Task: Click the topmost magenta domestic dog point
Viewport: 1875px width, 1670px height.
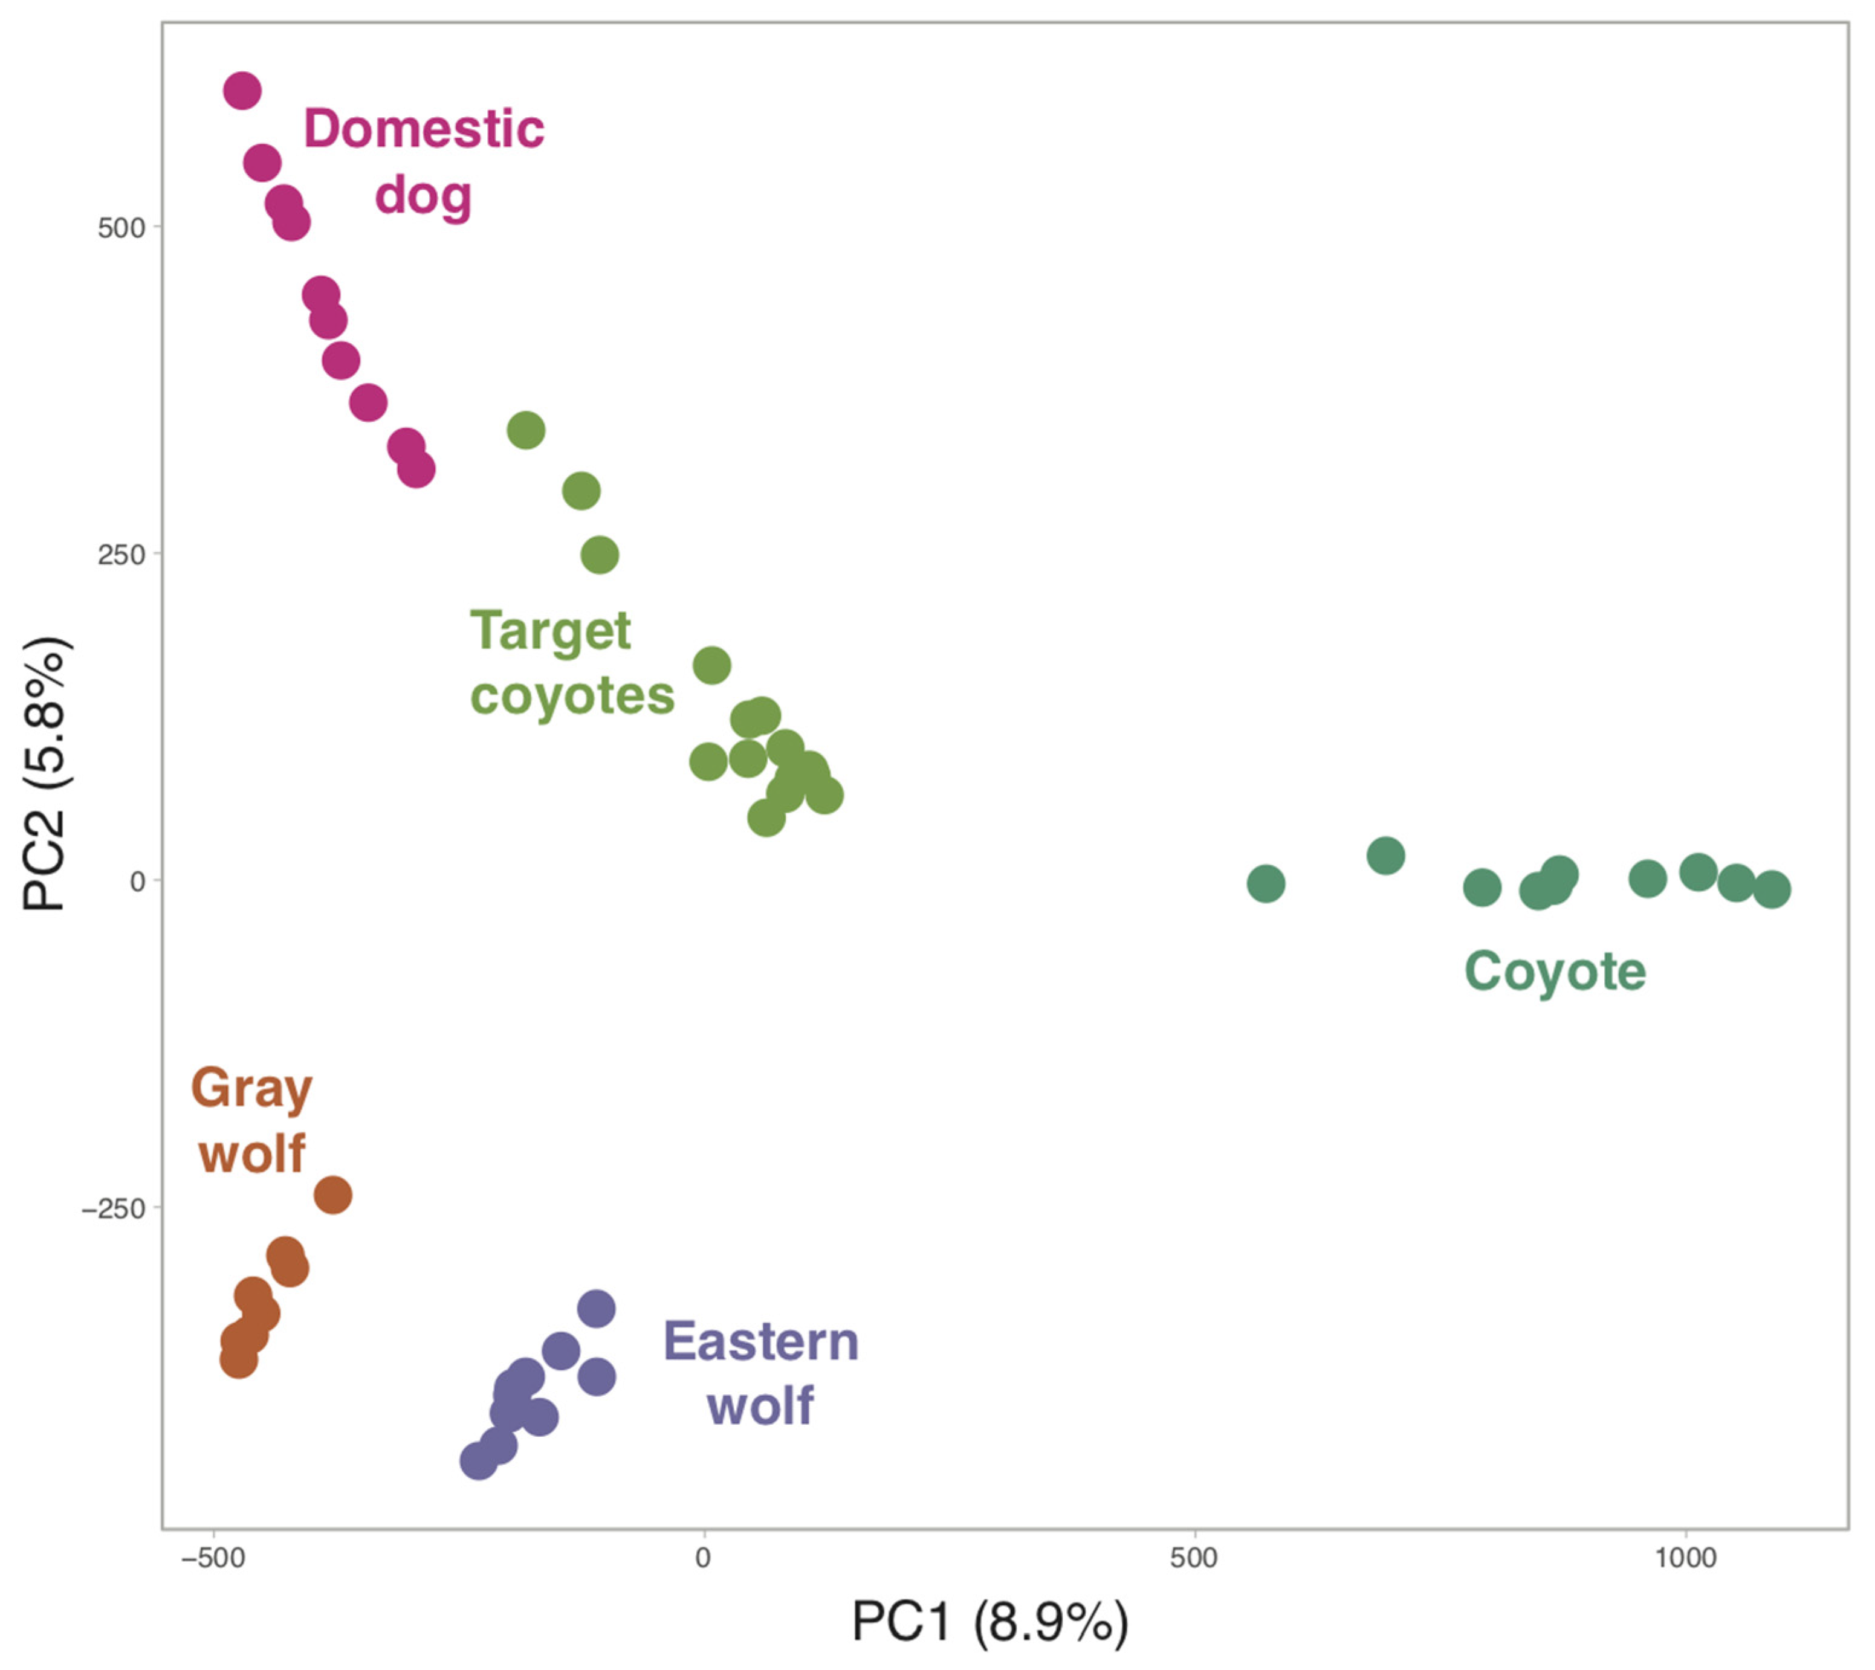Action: (x=242, y=91)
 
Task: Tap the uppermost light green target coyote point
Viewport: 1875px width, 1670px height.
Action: (x=526, y=430)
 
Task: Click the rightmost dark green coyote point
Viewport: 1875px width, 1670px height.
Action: (x=1772, y=889)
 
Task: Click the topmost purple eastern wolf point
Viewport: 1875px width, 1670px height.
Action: (x=597, y=1309)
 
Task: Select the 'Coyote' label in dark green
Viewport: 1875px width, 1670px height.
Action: (x=1555, y=972)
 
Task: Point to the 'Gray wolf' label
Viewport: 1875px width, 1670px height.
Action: (x=251, y=1120)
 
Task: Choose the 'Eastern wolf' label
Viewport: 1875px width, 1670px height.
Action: (x=761, y=1373)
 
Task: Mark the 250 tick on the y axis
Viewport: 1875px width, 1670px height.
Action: (x=122, y=555)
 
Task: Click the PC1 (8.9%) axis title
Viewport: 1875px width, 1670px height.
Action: (x=989, y=1622)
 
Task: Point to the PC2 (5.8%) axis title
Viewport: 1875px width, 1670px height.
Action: (x=44, y=773)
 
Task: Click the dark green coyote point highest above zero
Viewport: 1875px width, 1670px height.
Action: (x=1386, y=855)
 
